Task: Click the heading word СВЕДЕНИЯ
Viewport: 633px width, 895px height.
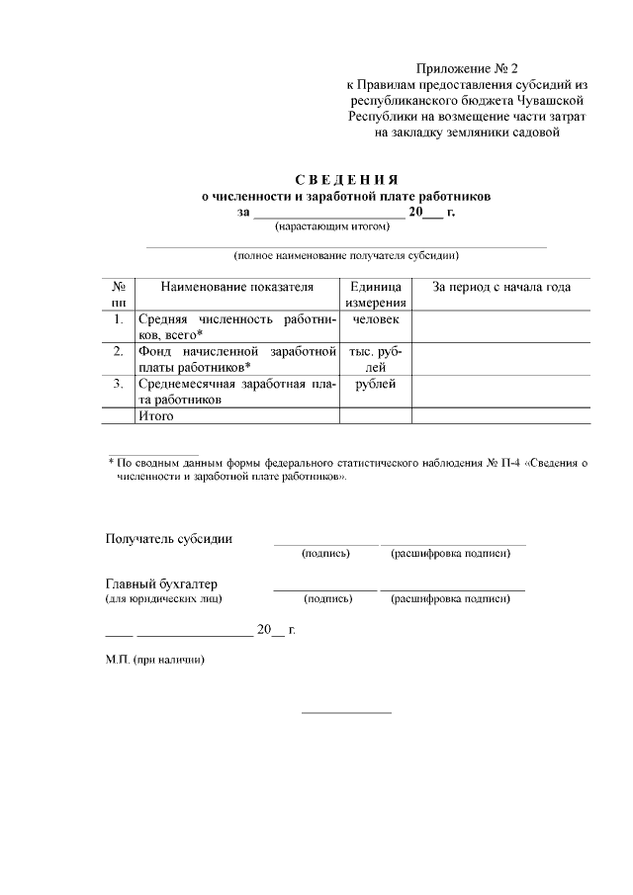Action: (x=346, y=180)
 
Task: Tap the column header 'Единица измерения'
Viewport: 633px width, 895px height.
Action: (x=375, y=295)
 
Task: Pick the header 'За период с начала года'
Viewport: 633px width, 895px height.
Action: (x=500, y=288)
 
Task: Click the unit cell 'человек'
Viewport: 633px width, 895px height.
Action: (x=375, y=319)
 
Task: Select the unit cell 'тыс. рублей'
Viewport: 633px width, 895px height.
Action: (x=375, y=359)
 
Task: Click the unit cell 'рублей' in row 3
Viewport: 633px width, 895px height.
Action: (x=375, y=384)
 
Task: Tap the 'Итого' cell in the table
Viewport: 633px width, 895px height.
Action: (x=156, y=416)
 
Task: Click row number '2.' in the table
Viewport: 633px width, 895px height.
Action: (x=118, y=351)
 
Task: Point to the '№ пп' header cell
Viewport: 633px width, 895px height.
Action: (x=118, y=295)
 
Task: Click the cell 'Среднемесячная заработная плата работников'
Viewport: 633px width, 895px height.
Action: (x=236, y=392)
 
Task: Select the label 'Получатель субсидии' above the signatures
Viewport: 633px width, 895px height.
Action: (x=169, y=539)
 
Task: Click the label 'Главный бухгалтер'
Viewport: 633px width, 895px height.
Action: (x=161, y=583)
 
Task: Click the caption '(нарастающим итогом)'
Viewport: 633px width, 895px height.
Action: (x=346, y=226)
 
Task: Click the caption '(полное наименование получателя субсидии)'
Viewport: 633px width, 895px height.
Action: (x=346, y=255)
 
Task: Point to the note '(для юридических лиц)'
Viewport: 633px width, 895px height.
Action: (x=163, y=598)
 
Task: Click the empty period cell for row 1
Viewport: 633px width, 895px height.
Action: (x=500, y=326)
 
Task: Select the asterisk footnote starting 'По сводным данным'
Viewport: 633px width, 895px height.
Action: (x=346, y=469)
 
